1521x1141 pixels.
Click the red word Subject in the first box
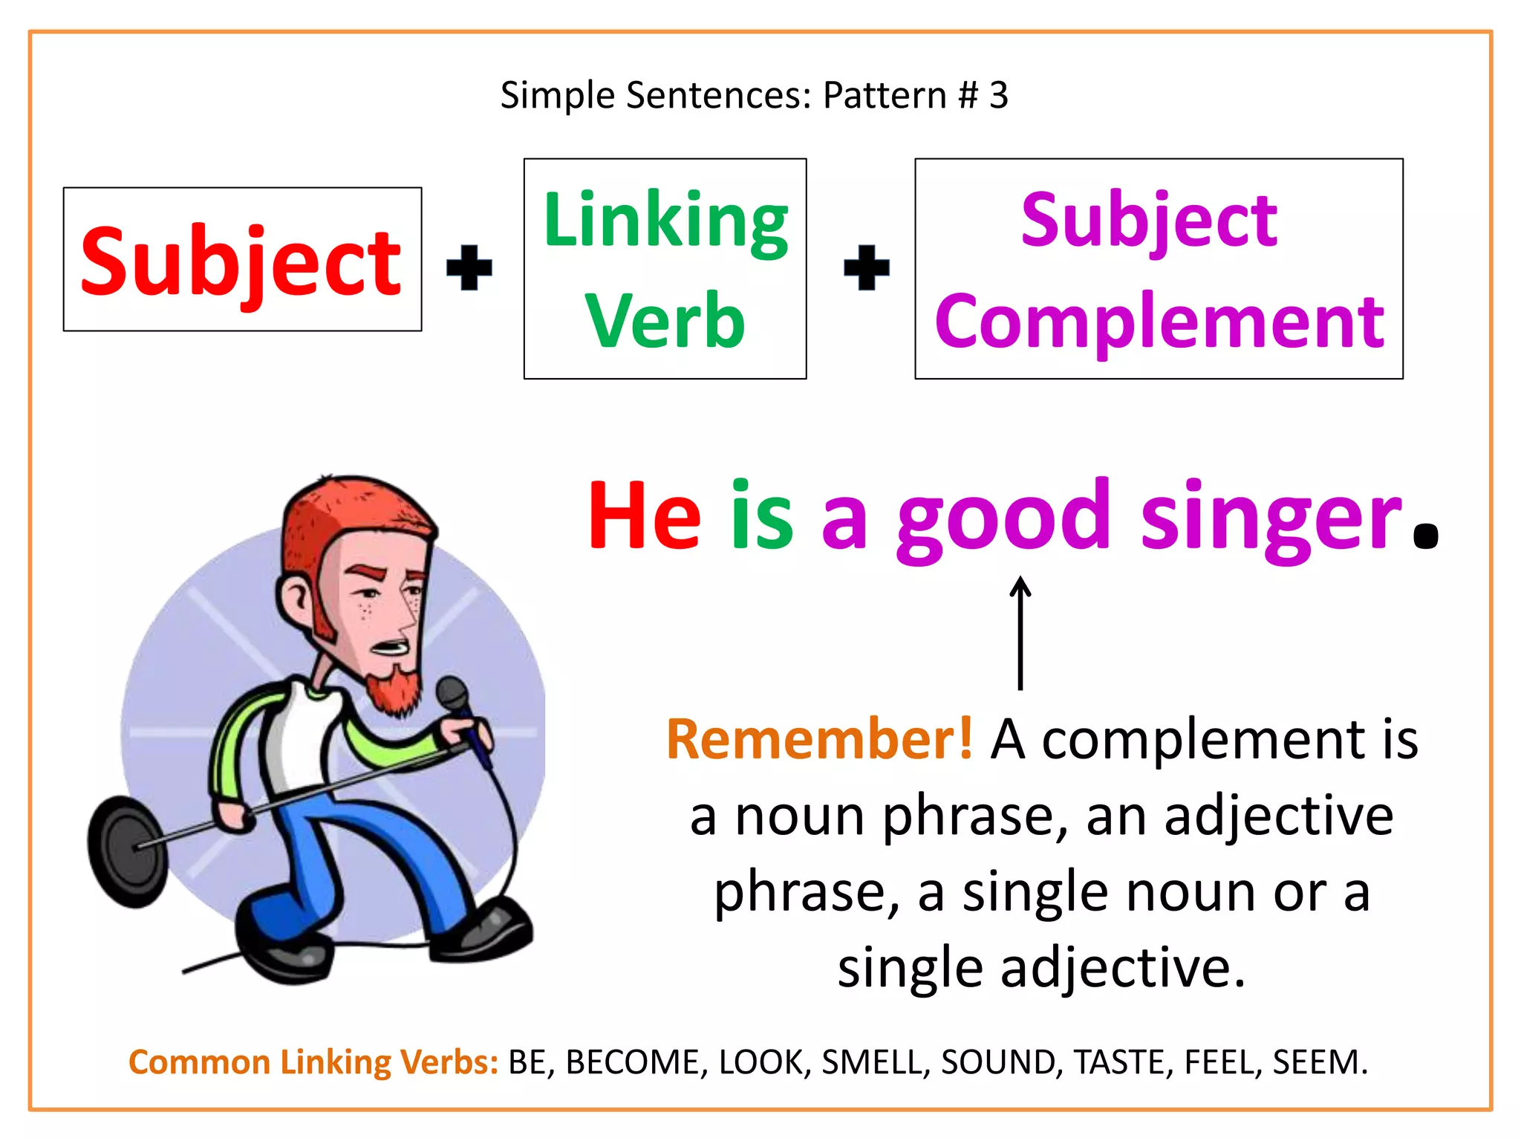tap(241, 261)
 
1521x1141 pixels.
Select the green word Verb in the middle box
tap(665, 320)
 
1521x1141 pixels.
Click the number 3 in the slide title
tap(999, 95)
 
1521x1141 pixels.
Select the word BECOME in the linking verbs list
tap(633, 1062)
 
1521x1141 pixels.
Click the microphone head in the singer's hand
tap(452, 695)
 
